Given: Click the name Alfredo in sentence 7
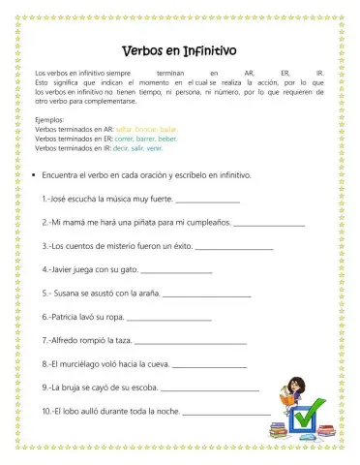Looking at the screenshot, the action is click(x=72, y=340).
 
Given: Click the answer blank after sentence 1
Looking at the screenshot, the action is click(x=208, y=200).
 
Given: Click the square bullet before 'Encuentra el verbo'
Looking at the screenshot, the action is click(x=34, y=175).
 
